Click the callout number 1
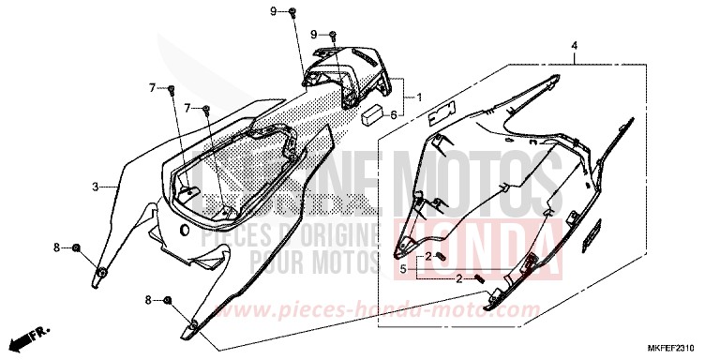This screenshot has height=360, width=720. pyautogui.click(x=419, y=97)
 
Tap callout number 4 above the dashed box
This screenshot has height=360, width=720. pyautogui.click(x=573, y=45)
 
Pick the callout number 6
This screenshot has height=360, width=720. pyautogui.click(x=394, y=114)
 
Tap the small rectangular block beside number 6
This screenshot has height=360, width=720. pyautogui.click(x=372, y=115)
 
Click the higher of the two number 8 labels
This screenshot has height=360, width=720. pyautogui.click(x=56, y=247)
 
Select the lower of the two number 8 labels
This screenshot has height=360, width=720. pyautogui.click(x=147, y=300)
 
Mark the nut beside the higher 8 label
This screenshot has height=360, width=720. pyautogui.click(x=77, y=247)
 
